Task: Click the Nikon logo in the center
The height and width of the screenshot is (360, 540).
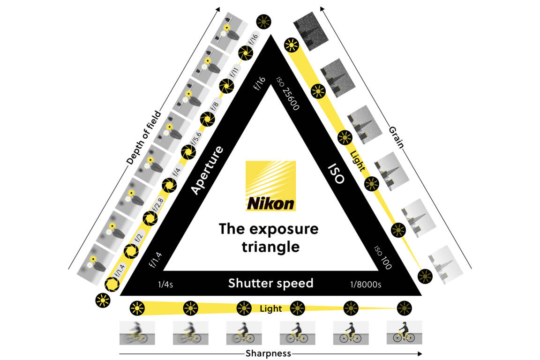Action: click(x=271, y=186)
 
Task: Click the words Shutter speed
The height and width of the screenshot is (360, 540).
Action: click(x=270, y=284)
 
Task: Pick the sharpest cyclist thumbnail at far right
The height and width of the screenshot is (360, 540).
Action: click(x=404, y=332)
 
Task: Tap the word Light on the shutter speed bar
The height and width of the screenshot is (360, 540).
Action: click(x=271, y=308)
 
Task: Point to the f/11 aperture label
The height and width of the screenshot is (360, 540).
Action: click(x=234, y=73)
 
